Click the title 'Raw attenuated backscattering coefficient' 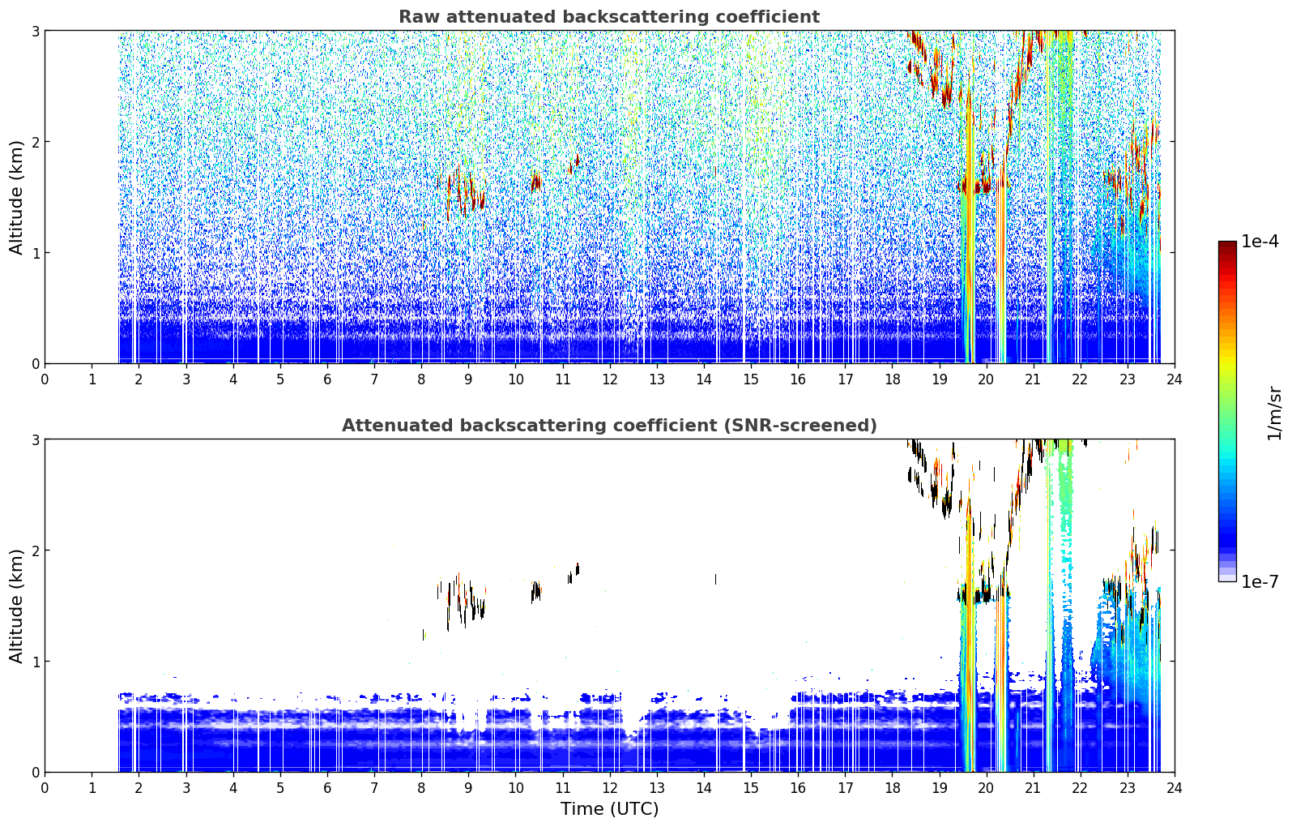pos(609,17)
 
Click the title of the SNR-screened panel pos(609,425)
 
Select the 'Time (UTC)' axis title pos(609,809)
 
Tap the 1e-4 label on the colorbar pos(1260,242)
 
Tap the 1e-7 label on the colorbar pos(1260,581)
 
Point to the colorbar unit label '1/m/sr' pos(1275,413)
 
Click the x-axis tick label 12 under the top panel pos(610,379)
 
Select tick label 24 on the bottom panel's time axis pos(1175,788)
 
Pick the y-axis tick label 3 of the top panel pos(35,31)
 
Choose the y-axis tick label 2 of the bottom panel pos(35,551)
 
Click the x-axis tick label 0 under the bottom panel pos(45,788)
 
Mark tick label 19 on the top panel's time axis pos(940,379)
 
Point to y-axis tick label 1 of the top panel pos(35,253)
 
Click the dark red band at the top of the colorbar pos(1227,245)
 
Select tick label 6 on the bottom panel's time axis pos(327,788)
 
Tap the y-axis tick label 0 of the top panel pos(35,364)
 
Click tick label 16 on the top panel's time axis pos(798,379)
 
